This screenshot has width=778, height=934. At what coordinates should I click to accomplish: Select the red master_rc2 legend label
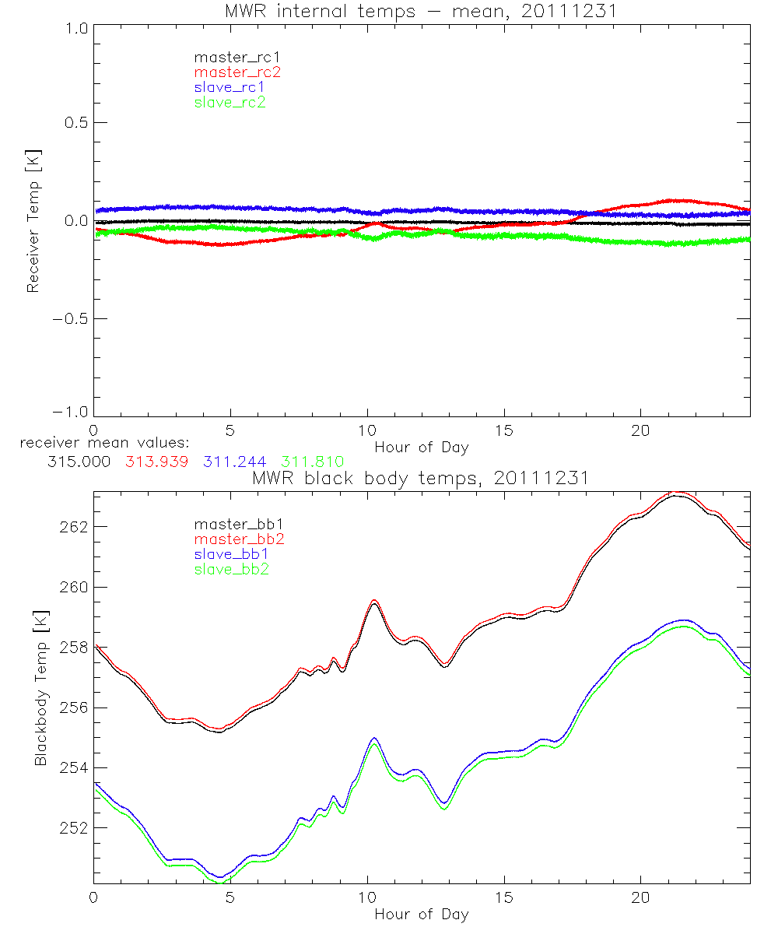237,72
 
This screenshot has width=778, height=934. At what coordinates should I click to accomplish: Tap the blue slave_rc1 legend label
230,87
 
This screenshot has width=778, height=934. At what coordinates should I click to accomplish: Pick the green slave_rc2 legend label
230,102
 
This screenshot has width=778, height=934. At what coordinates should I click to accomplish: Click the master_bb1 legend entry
234,525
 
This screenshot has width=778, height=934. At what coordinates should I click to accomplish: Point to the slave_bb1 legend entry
231,555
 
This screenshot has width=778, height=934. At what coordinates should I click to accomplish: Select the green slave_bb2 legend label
231,570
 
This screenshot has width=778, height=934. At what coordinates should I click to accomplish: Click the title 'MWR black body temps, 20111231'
421,479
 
